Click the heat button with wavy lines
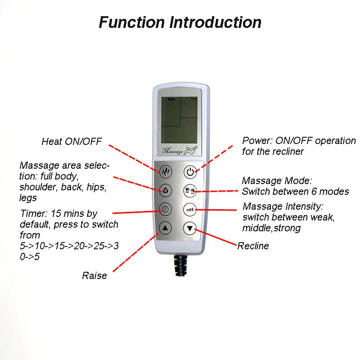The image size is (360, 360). click(165, 171)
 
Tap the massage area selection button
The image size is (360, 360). click(165, 190)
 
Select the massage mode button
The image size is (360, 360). click(190, 191)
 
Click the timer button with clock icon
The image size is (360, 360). click(165, 209)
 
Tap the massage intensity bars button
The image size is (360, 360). click(190, 210)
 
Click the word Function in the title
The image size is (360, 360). click(131, 22)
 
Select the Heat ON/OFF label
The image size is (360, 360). click(72, 141)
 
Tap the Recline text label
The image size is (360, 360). click(253, 246)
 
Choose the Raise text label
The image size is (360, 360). click(94, 275)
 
